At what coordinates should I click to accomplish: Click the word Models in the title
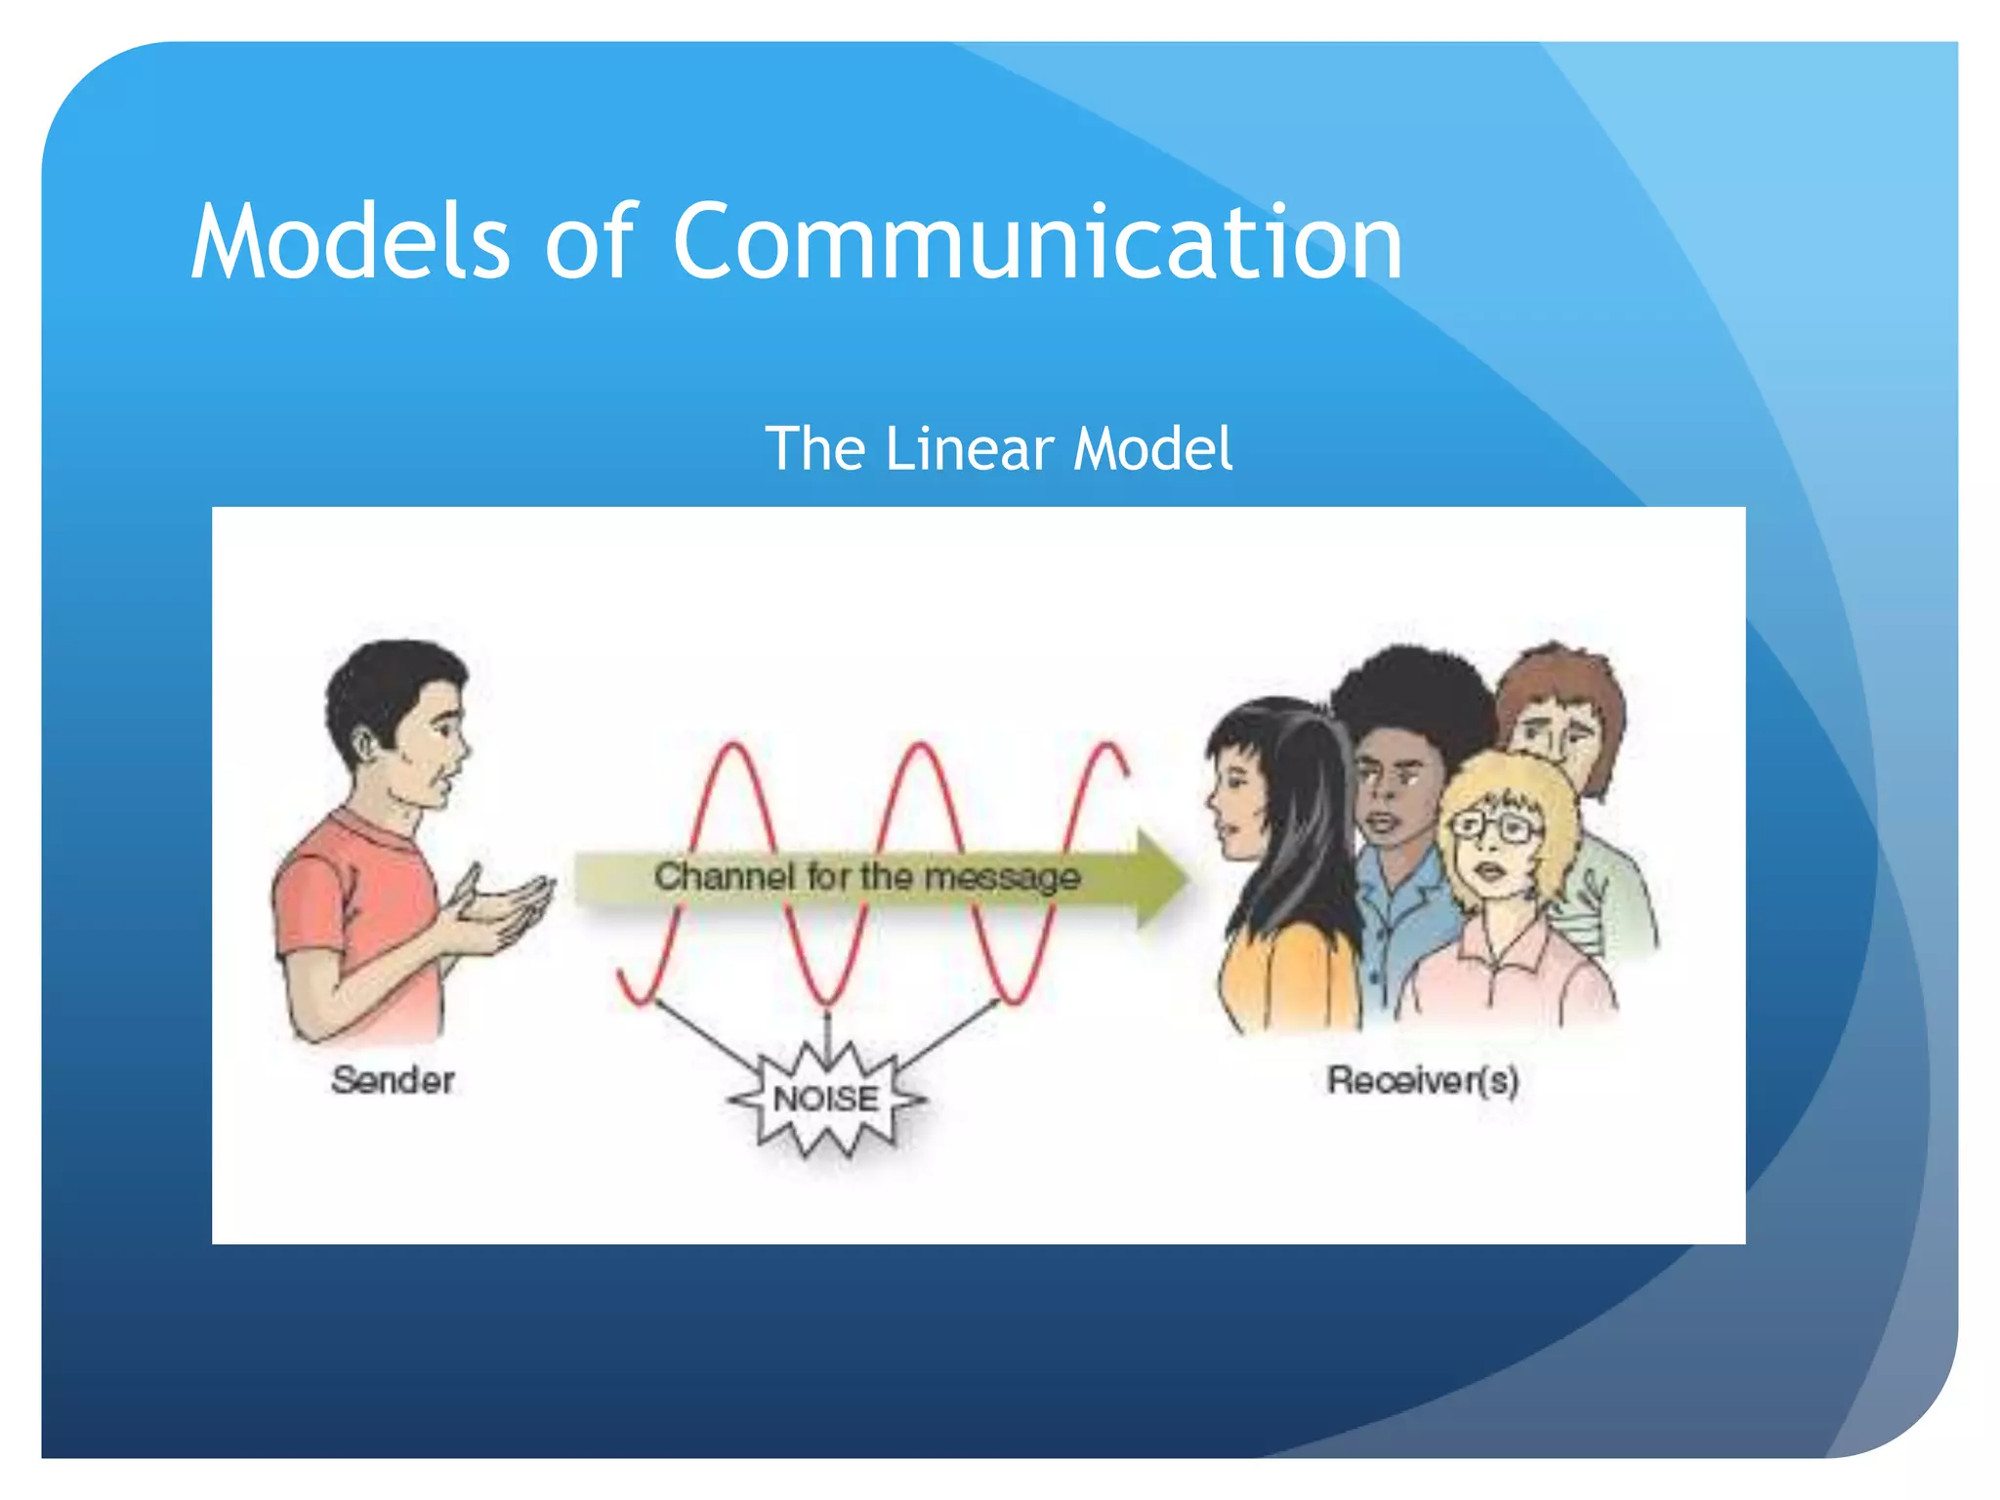350,242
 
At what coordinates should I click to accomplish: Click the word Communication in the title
1037,242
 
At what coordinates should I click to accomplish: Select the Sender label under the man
393,1080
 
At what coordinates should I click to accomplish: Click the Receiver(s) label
1422,1080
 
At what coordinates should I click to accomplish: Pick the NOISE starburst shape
826,1100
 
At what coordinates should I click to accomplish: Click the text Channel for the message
867,876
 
